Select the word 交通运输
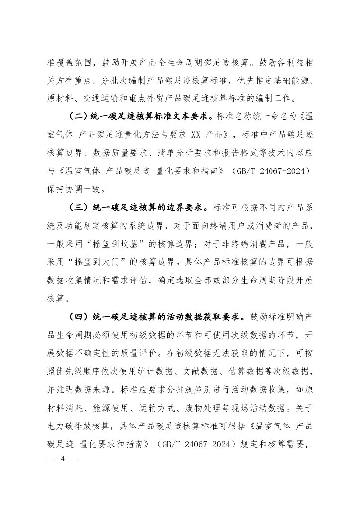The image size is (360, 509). pyautogui.click(x=101, y=97)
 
